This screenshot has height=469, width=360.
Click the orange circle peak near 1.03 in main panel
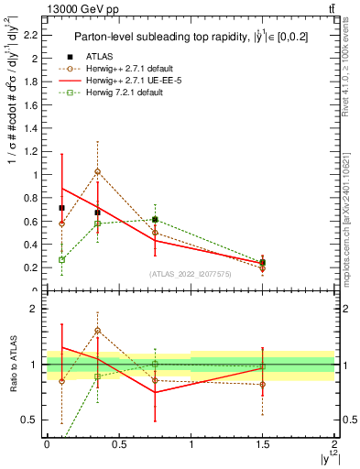97,171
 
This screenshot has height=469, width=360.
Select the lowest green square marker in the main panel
61,259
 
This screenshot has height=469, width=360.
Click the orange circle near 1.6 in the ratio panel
97,331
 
